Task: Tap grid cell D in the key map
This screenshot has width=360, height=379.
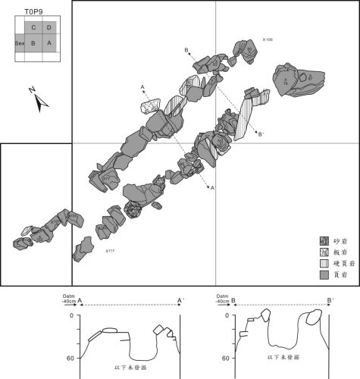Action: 49,28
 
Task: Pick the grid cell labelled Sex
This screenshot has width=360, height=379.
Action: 20,44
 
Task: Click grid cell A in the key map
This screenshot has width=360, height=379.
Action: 49,44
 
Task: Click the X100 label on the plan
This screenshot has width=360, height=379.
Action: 267,39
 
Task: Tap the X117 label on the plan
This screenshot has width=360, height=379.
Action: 111,250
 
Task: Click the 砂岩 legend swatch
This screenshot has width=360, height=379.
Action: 322,240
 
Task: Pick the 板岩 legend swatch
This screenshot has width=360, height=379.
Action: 322,252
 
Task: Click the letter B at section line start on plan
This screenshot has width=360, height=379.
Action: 186,50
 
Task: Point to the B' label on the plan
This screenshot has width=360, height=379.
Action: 261,135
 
